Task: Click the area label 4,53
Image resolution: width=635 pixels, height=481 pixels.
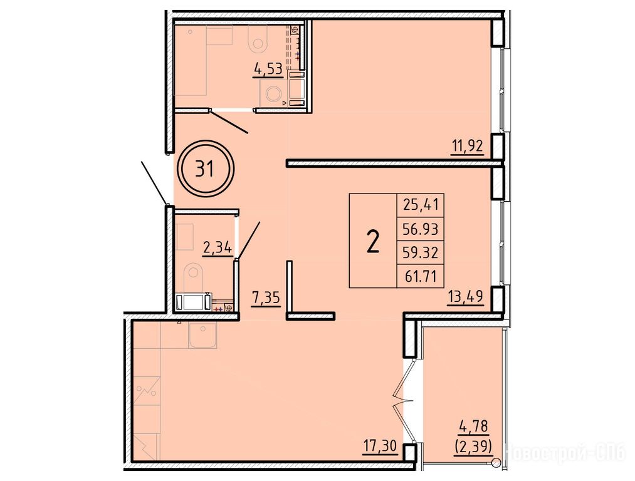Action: coord(268,69)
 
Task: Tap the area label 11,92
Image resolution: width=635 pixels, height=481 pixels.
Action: coord(468,146)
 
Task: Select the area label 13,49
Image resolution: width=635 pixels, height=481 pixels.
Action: coord(465,297)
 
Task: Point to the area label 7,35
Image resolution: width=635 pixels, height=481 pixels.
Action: coord(266,298)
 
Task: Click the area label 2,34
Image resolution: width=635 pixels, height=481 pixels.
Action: coord(218,247)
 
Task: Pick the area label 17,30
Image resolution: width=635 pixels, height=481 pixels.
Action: coord(380,447)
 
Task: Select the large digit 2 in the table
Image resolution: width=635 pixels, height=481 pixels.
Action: coord(372,240)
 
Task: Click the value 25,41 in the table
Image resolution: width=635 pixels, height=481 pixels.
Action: coord(421,205)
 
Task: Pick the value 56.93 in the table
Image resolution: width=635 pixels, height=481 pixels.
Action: coord(421,229)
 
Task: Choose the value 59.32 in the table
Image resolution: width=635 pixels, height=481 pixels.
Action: coord(421,253)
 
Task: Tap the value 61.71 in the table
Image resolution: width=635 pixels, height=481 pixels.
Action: coord(421,277)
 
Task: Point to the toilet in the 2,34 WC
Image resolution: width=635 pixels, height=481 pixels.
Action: coord(193,277)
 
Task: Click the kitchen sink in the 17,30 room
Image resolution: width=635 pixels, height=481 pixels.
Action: coord(202,335)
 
